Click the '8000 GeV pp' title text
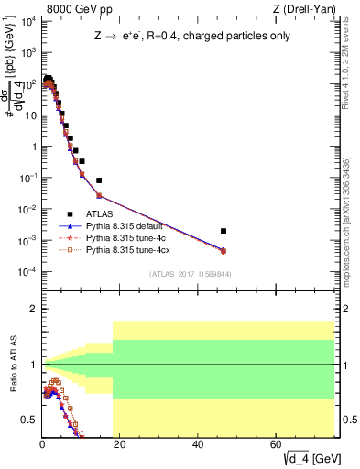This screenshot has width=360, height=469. [x=76, y=9]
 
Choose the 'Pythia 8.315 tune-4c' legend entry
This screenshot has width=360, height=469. [x=127, y=236]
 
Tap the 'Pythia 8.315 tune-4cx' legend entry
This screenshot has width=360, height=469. [x=129, y=248]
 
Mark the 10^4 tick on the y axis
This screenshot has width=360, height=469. [x=28, y=21]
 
